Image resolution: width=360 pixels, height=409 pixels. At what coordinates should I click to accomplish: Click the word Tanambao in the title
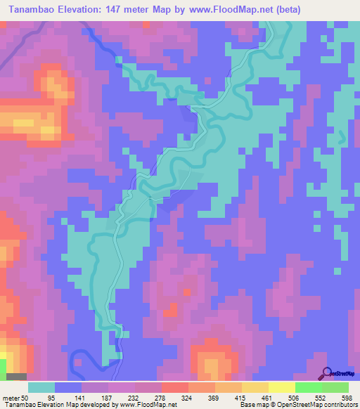pyautogui.click(x=32, y=10)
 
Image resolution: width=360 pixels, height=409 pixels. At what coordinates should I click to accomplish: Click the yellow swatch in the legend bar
pyautogui.click(x=281, y=388)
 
